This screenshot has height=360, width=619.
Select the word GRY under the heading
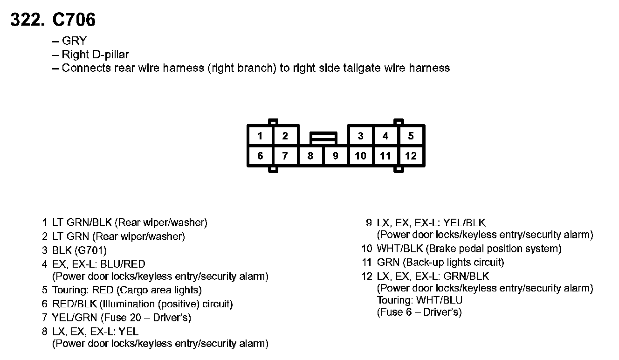coord(74,41)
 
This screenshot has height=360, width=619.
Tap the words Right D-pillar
coord(95,55)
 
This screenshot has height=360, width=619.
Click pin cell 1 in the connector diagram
coord(260,136)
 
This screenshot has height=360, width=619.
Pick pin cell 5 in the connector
coord(411,136)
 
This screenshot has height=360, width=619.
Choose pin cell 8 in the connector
coord(310,156)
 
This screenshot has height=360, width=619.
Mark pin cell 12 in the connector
coord(411,156)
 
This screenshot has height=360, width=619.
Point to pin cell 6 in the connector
coord(260,156)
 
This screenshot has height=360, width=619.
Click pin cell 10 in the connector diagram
coord(360,156)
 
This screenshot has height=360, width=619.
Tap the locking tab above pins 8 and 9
coord(323,138)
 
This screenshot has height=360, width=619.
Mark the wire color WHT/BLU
coord(440,300)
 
